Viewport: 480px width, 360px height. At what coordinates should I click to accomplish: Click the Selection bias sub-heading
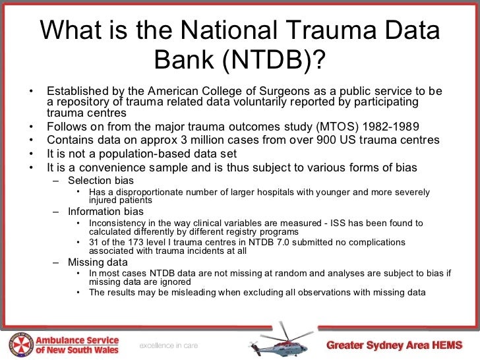tap(101, 181)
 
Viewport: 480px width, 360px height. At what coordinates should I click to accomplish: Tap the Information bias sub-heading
tap(105, 212)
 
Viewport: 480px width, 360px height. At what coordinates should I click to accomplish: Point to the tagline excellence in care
tap(167, 345)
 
